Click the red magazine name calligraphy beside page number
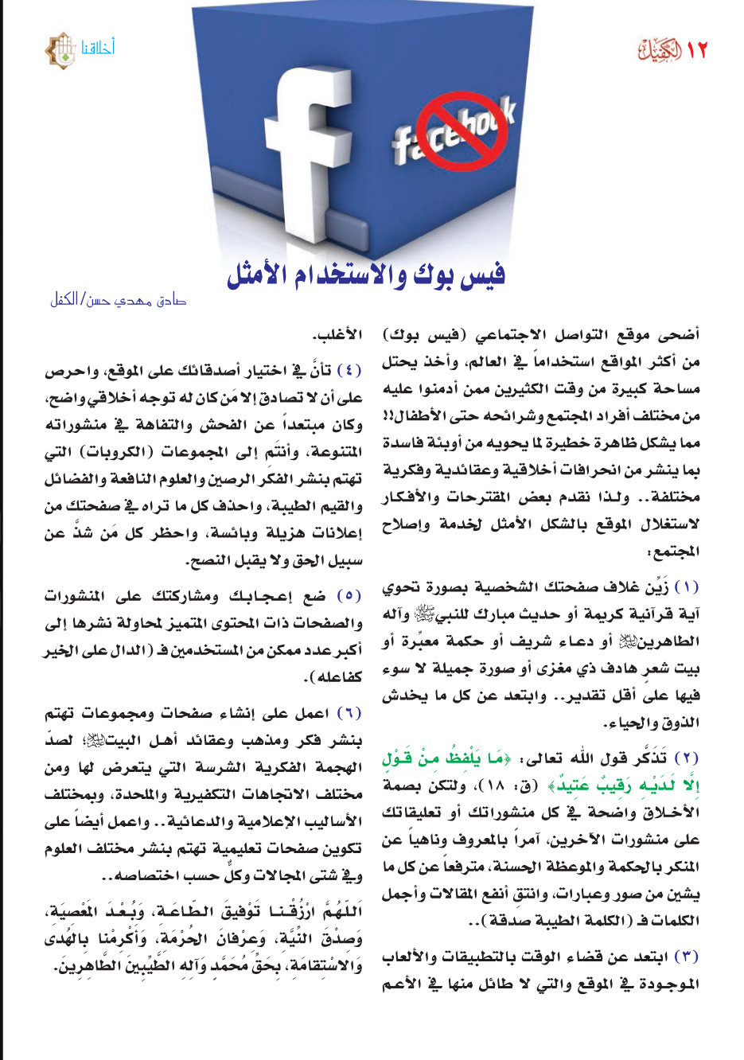660,50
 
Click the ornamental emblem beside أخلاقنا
60,50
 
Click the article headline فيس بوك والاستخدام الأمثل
366,275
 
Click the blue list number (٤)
349,371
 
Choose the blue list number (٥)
349,596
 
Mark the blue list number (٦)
349,713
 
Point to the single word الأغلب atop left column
337,335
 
